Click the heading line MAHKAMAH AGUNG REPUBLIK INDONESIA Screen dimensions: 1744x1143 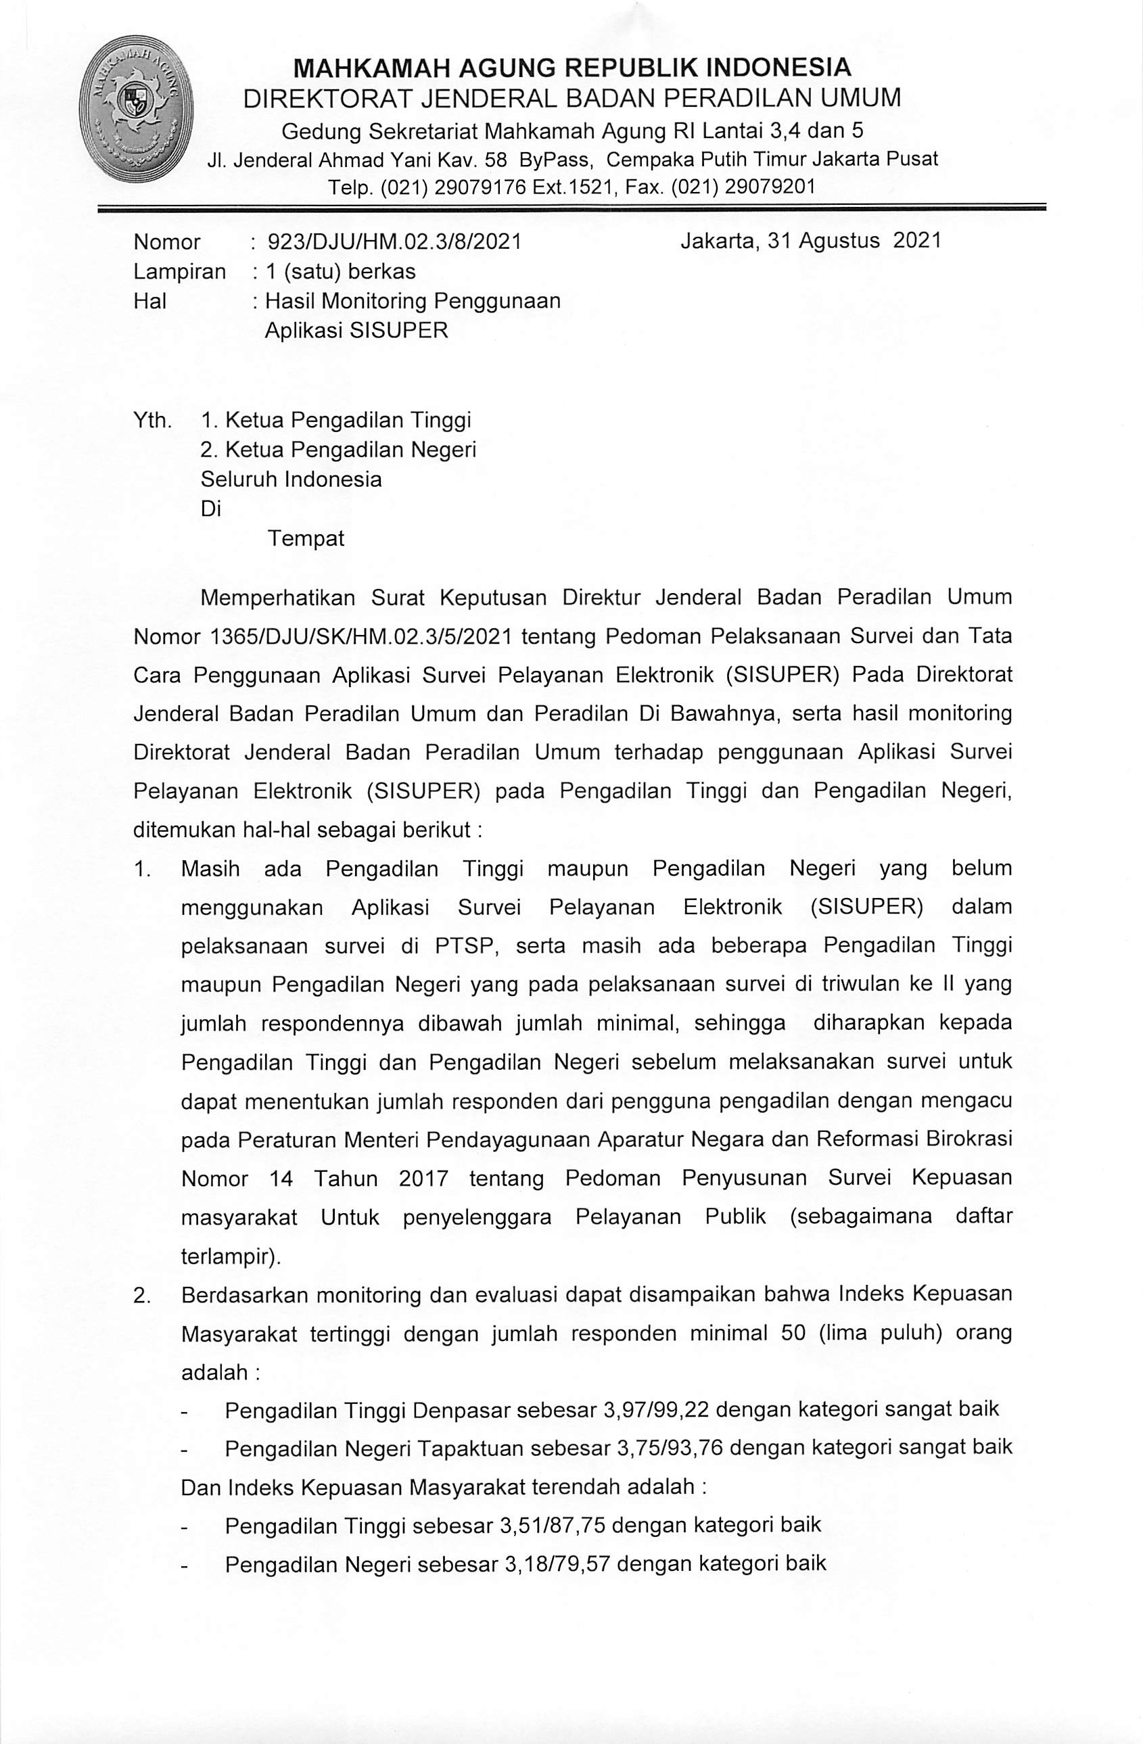point(571,68)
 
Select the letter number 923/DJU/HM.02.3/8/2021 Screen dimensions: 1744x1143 point(395,242)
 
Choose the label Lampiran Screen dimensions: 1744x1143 point(179,272)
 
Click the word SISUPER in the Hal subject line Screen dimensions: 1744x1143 point(398,331)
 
